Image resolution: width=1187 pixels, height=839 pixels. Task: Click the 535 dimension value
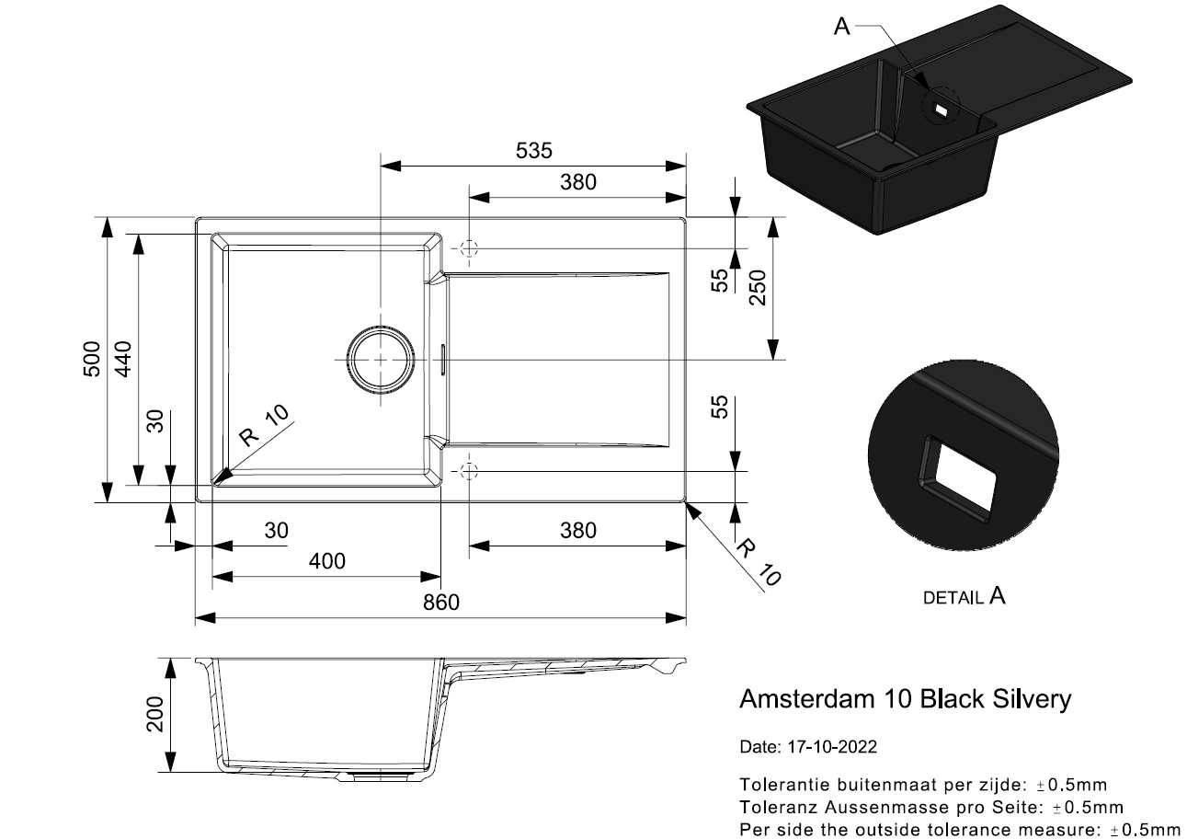(533, 151)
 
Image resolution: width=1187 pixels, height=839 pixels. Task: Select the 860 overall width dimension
(441, 603)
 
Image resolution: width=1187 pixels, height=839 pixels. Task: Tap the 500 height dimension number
(92, 359)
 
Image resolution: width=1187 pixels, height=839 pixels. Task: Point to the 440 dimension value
(123, 359)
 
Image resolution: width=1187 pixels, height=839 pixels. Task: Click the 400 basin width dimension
(327, 561)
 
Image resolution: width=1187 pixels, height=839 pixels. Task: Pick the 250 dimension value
(759, 287)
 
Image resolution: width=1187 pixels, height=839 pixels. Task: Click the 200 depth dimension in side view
(155, 715)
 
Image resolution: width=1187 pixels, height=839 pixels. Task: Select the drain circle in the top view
(381, 360)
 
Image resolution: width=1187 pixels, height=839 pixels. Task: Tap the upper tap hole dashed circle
(469, 248)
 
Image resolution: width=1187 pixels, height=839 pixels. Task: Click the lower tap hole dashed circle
(469, 471)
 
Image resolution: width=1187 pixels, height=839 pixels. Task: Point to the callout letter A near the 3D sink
(841, 26)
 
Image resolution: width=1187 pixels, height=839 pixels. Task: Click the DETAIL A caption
(964, 597)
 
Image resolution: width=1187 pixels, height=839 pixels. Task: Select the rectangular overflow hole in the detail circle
(957, 478)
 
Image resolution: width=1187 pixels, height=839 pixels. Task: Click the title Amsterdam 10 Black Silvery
(905, 699)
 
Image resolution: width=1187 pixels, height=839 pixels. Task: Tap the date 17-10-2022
(832, 747)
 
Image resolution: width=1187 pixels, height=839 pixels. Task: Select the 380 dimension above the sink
(578, 182)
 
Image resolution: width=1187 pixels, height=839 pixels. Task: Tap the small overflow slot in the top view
(443, 360)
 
